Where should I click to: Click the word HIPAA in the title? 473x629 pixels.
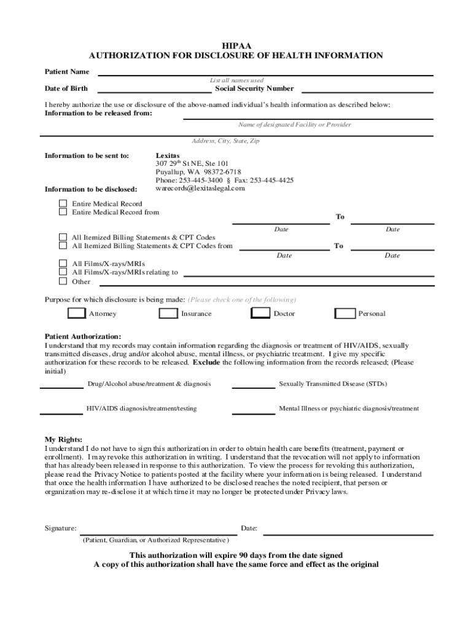(237, 45)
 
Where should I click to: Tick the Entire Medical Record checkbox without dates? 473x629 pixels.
(63, 203)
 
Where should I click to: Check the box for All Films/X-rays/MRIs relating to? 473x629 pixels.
(63, 272)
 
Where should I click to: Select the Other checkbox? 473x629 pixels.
(63, 281)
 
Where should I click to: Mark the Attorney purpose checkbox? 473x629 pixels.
(77, 313)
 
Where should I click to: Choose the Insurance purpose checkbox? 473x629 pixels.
(168, 313)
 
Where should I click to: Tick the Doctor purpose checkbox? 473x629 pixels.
(261, 313)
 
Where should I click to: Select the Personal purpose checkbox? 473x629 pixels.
(345, 313)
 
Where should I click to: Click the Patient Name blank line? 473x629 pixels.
(265, 74)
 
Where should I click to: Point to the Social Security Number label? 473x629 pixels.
(254, 88)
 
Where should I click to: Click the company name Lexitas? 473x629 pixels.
(168, 155)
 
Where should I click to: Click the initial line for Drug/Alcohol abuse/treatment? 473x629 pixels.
(61, 388)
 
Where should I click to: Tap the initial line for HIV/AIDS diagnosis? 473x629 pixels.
(61, 413)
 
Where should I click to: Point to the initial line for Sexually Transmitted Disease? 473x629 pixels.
(253, 388)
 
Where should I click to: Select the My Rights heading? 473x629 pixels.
(63, 440)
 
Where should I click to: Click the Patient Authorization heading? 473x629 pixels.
(83, 337)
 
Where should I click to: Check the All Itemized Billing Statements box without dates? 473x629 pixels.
(63, 237)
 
